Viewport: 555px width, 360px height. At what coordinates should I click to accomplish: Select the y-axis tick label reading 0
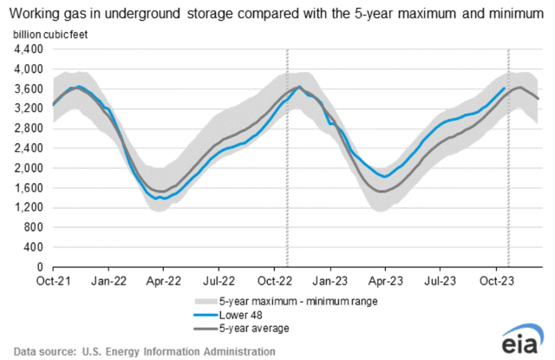40,267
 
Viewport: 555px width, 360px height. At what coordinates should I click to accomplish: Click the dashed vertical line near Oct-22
286,173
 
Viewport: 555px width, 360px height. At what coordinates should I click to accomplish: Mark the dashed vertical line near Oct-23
507,173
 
